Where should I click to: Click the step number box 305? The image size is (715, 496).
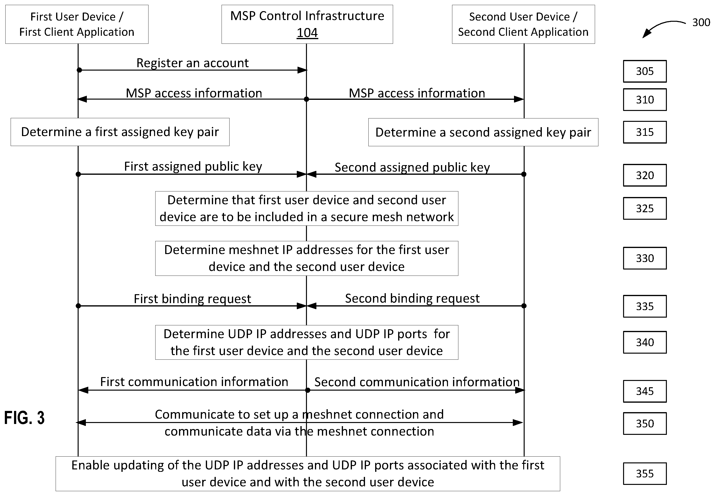click(644, 71)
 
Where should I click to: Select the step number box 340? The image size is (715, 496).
click(644, 342)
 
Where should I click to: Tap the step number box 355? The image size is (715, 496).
click(644, 473)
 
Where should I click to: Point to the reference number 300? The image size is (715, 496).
click(701, 22)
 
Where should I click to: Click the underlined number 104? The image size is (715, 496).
click(307, 33)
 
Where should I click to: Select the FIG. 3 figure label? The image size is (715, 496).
click(24, 417)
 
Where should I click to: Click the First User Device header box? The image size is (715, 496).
click(77, 24)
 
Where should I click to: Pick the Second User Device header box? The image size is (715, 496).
click(523, 24)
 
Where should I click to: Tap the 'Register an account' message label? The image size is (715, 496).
click(193, 63)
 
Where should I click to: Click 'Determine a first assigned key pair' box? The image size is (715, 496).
click(120, 132)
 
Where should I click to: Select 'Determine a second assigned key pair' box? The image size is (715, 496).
click(483, 132)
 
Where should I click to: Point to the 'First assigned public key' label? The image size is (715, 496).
click(193, 167)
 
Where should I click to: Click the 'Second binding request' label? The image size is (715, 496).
click(412, 298)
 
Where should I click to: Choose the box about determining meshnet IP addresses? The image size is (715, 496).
click(307, 258)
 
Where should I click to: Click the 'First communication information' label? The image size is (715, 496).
click(194, 382)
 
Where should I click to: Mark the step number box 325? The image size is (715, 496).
click(644, 208)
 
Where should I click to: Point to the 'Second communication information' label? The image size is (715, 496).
click(417, 382)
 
